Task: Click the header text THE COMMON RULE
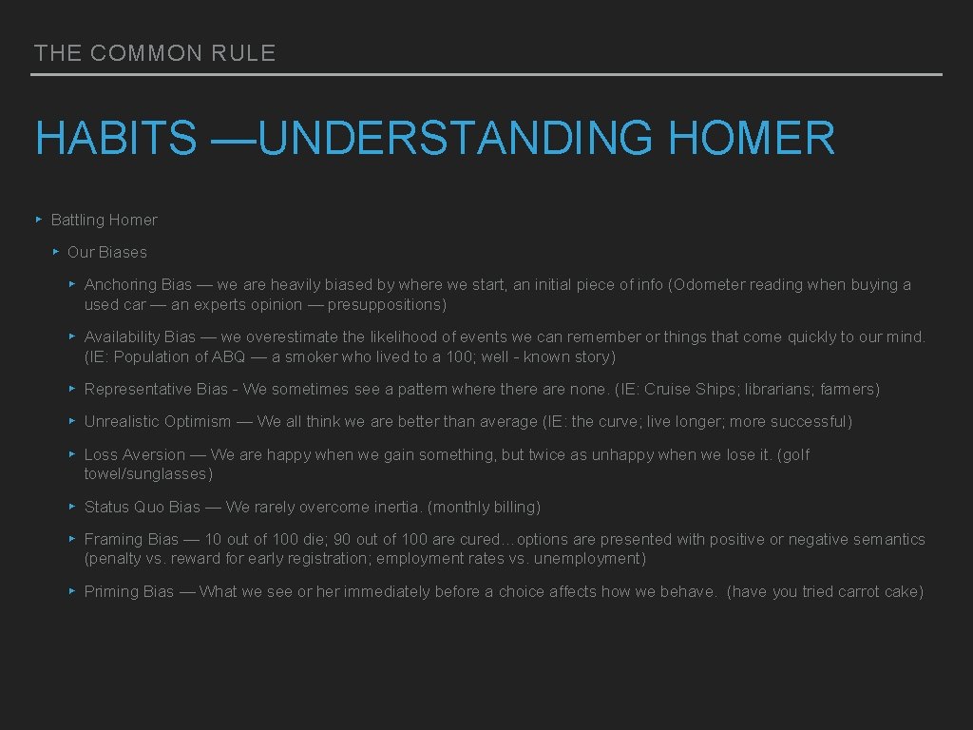tap(155, 53)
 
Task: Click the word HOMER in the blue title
tap(752, 139)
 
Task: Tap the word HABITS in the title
tap(116, 139)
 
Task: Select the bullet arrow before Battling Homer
tap(39, 220)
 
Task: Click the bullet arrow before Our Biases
tap(56, 252)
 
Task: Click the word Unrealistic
tap(123, 421)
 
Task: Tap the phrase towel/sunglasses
tap(148, 473)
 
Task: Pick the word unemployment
tap(587, 558)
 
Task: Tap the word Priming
tap(113, 591)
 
